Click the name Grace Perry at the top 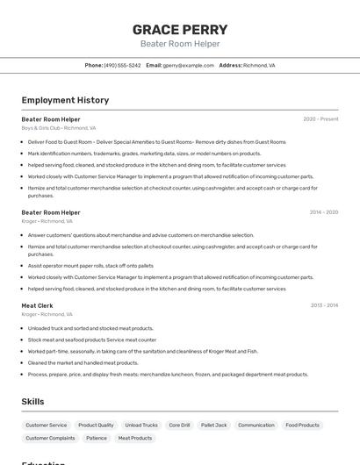179,29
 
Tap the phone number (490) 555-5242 122,65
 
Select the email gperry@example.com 188,65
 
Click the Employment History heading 65,100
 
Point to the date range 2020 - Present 320,119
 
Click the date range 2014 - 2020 323,212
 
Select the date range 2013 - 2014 324,305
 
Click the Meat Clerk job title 37,305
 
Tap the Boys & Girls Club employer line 59,128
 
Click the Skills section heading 32,401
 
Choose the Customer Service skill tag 47,425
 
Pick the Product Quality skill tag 96,425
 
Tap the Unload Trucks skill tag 141,425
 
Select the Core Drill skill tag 179,425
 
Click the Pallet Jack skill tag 213,425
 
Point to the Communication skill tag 256,425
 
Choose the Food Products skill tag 302,425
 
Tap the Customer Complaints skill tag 50,438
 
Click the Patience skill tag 97,438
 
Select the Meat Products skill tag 135,438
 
